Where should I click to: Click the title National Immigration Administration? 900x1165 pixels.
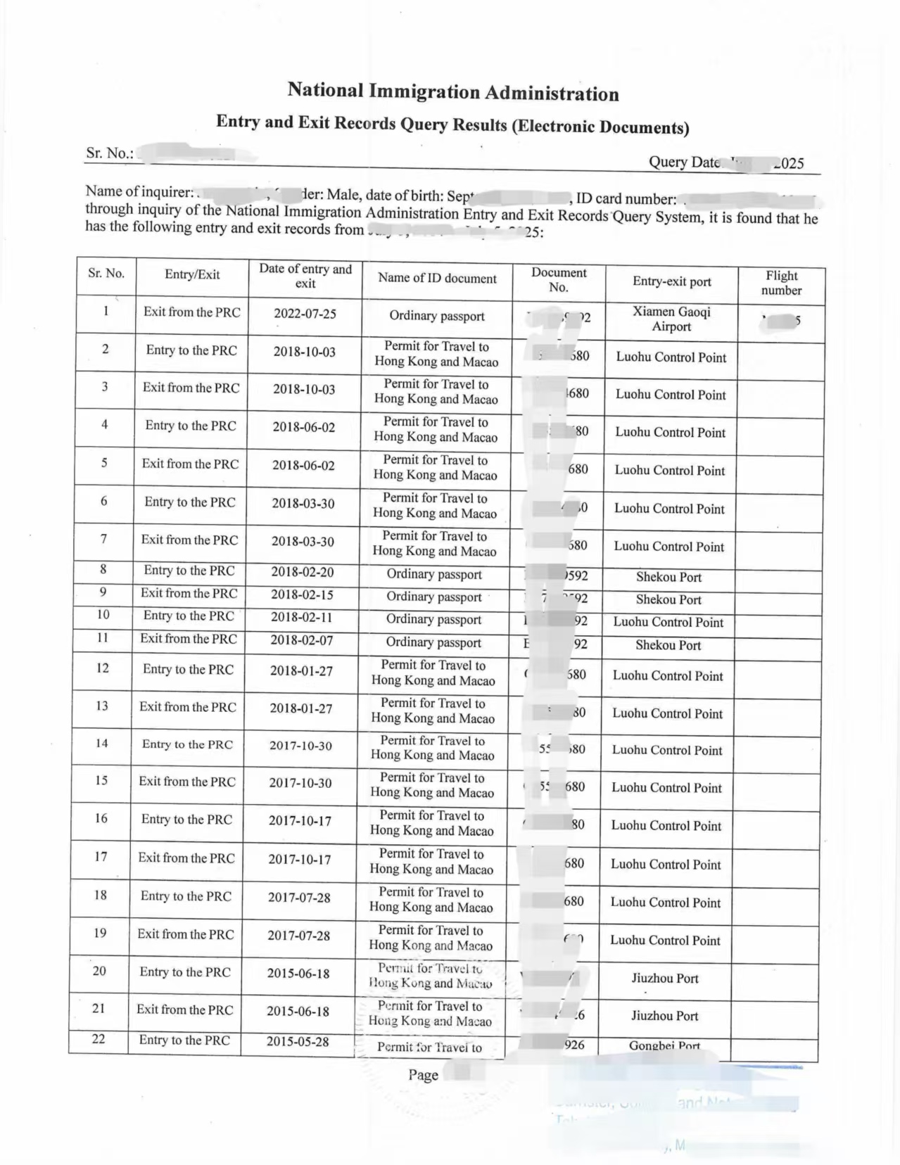453,91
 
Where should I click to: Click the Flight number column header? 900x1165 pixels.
781,283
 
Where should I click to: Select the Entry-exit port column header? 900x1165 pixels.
671,281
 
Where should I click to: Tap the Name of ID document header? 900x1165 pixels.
437,278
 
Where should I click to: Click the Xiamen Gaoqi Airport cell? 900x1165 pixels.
671,319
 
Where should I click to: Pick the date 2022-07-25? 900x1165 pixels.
305,313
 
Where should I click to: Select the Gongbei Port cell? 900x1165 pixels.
664,1045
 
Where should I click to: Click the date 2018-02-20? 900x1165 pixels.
303,572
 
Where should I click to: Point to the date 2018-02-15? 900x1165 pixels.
302,594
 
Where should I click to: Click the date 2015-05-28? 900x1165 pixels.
297,1041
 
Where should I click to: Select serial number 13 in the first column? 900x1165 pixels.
102,706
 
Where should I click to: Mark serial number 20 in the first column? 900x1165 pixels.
99,971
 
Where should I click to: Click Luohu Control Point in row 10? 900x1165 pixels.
668,622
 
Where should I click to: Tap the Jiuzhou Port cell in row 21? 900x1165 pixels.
664,1016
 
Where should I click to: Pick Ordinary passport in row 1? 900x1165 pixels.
437,316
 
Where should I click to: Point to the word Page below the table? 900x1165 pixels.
423,1075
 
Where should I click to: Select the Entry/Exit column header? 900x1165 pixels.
192,274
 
